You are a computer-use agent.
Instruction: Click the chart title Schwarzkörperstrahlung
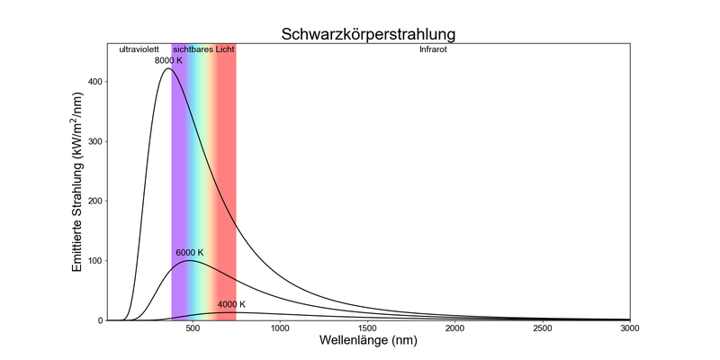click(x=369, y=34)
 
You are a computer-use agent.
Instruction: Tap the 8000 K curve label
click(x=169, y=60)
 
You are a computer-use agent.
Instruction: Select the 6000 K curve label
click(x=190, y=252)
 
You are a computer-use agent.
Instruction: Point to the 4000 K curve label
click(x=232, y=304)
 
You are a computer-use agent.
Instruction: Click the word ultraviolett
click(x=139, y=49)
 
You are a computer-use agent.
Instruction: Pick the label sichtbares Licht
click(x=203, y=49)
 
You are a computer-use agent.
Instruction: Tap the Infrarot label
click(x=433, y=49)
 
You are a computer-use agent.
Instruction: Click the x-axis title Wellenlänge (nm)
click(x=369, y=343)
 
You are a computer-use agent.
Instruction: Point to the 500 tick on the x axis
click(x=193, y=328)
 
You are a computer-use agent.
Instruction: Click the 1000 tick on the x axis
click(x=280, y=328)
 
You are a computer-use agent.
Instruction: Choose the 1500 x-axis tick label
click(x=367, y=328)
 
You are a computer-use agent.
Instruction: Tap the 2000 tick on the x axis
click(x=455, y=328)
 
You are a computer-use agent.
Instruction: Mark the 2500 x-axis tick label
click(x=543, y=328)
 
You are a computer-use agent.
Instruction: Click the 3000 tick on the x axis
click(x=630, y=328)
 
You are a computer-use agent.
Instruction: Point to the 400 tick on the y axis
click(x=94, y=82)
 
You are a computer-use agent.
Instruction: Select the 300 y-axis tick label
click(x=94, y=141)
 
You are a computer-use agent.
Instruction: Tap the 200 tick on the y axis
click(x=94, y=201)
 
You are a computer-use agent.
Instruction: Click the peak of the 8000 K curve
click(x=168, y=68)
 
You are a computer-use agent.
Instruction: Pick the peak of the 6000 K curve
click(x=190, y=261)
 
